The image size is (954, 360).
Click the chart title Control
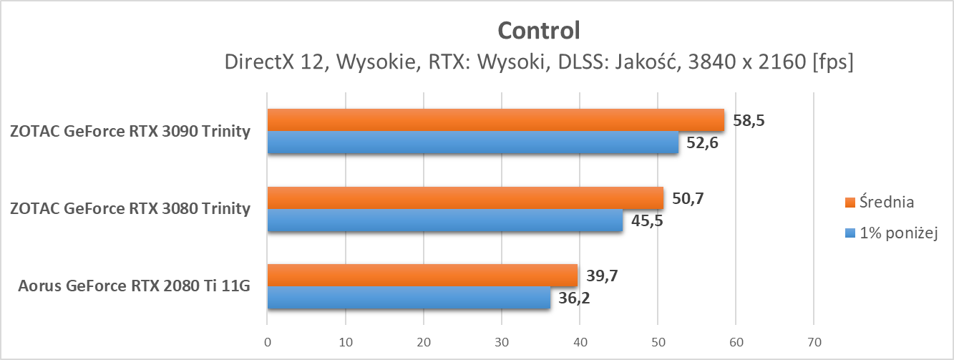click(537, 30)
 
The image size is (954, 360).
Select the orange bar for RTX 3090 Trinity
click(495, 120)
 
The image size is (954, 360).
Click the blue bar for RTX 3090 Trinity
click(472, 142)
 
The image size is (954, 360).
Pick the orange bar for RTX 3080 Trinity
click(465, 198)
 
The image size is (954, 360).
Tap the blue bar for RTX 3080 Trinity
click(444, 220)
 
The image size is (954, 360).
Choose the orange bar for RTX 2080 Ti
click(422, 276)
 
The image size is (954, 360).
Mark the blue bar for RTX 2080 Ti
click(409, 298)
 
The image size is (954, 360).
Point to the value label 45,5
click(647, 220)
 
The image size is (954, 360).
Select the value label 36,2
click(575, 298)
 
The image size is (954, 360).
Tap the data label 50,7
click(688, 198)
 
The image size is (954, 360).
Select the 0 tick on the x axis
click(268, 341)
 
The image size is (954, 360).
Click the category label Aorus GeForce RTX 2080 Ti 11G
click(135, 287)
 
